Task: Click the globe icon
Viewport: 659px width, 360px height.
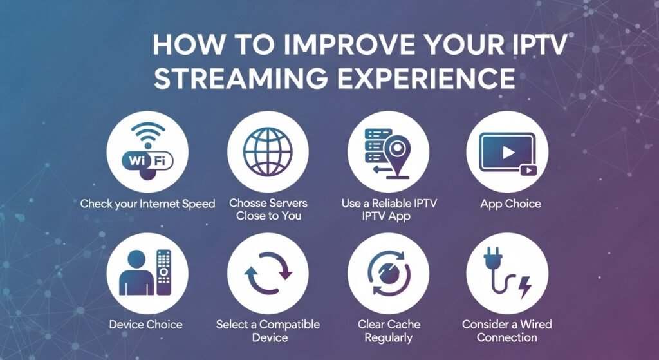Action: tap(268, 151)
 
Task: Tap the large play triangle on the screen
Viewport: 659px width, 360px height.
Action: tap(508, 152)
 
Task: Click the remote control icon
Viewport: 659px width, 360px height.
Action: tap(164, 272)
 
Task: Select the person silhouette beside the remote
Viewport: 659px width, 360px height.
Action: tap(136, 272)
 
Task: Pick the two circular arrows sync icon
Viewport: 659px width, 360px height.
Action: tap(268, 272)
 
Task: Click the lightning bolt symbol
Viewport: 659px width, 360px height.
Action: tap(524, 287)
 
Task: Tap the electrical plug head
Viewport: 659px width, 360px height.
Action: tap(491, 258)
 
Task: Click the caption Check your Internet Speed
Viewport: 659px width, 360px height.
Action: tap(147, 204)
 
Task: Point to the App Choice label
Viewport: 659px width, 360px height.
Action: tap(510, 204)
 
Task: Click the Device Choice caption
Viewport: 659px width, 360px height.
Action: tap(146, 324)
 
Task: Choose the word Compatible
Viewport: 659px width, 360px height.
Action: tap(290, 325)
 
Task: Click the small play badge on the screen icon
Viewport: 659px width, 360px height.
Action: tap(528, 170)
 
